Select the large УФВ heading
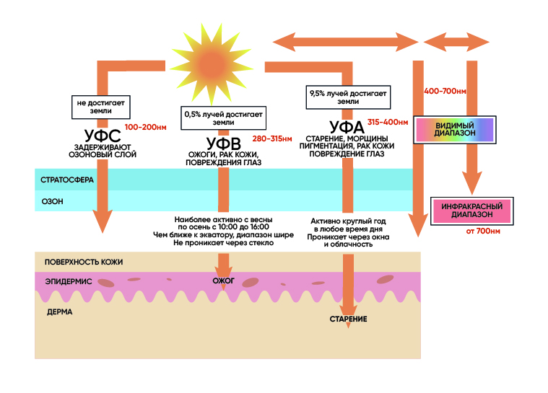pos(222,141)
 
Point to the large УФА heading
pos(346,126)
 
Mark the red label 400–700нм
pos(445,92)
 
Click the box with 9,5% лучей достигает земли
pos(349,98)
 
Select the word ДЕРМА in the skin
pos(59,313)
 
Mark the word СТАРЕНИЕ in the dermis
pos(349,319)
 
